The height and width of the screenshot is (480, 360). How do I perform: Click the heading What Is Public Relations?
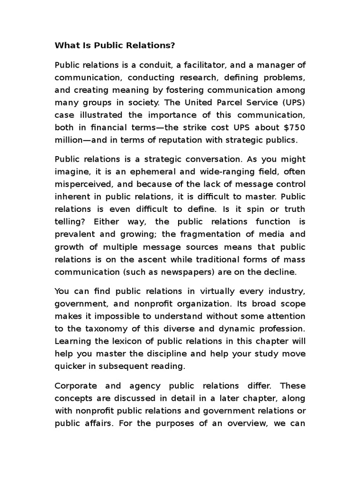coord(115,45)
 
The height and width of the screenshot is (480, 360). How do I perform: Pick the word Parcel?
coord(218,102)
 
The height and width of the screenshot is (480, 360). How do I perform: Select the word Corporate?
coord(76,386)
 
